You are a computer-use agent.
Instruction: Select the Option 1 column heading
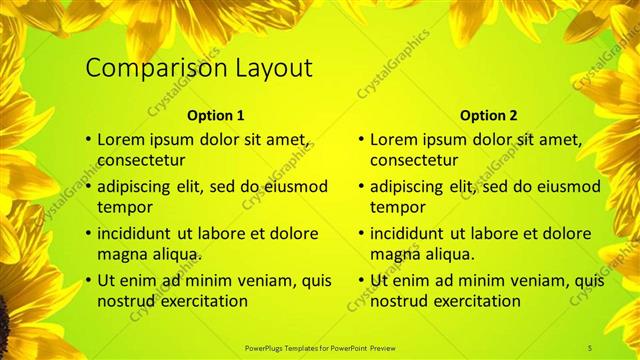coord(215,115)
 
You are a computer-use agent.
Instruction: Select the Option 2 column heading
coord(489,115)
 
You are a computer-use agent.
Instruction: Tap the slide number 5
coord(590,347)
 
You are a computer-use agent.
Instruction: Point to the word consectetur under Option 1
coord(141,160)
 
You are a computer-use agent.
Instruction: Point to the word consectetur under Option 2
coord(414,160)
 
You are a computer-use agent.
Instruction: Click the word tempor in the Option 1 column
coord(124,207)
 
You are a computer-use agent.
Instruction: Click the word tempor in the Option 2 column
coord(397,207)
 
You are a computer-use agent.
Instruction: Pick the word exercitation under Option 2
coord(471,300)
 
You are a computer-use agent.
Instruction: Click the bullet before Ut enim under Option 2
coord(361,280)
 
